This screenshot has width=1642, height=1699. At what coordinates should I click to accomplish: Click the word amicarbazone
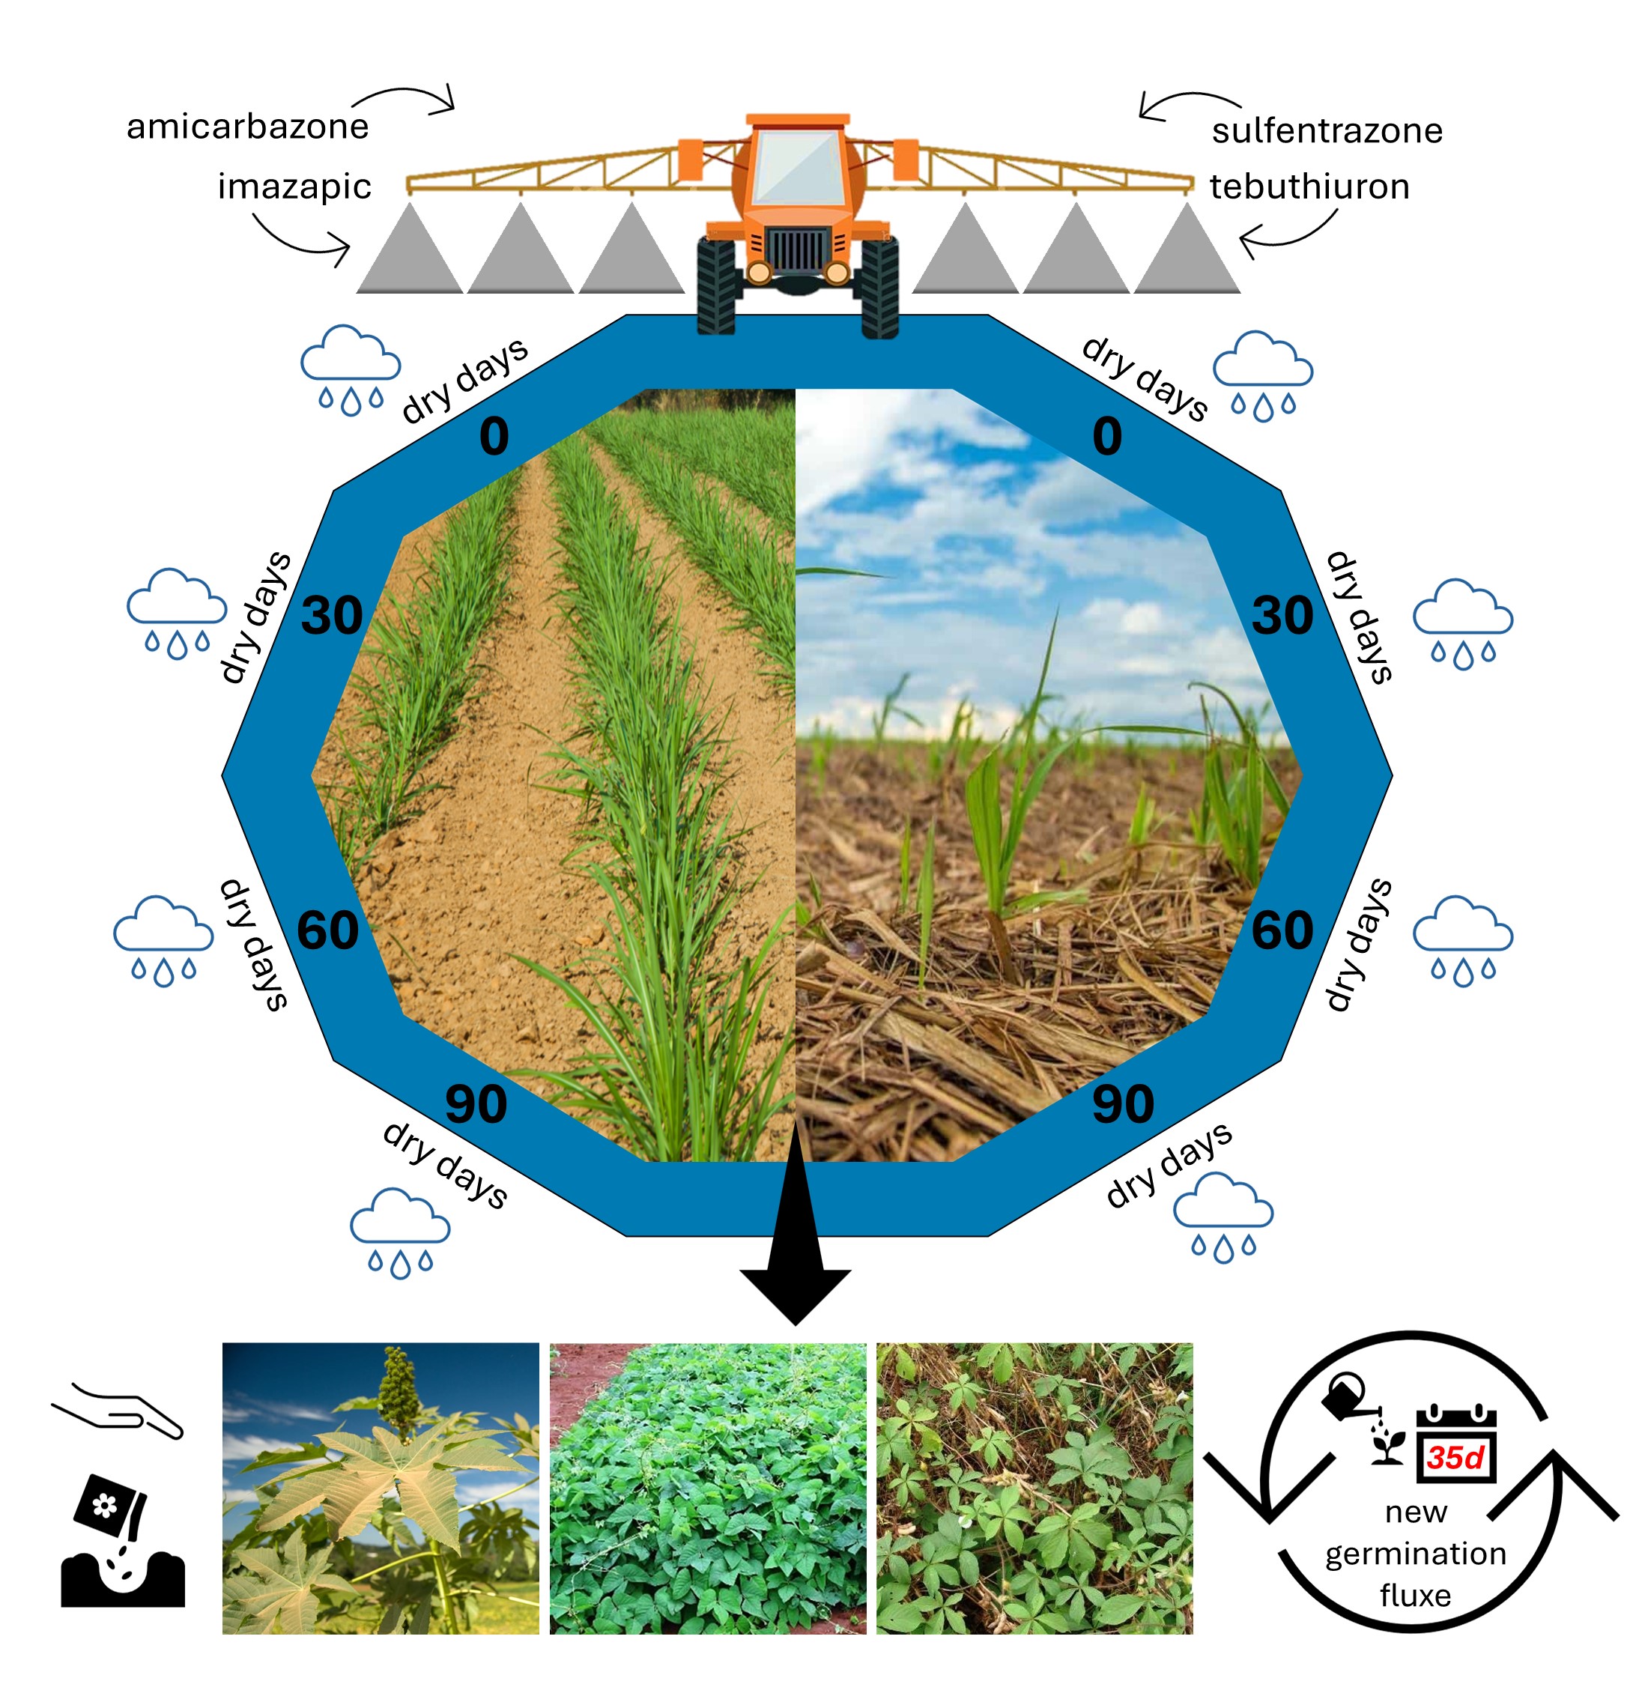[x=247, y=127]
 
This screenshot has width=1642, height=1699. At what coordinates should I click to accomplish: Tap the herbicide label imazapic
[x=294, y=187]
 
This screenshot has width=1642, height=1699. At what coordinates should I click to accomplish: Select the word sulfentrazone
[x=1327, y=131]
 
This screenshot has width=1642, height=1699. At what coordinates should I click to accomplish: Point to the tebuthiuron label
[x=1309, y=187]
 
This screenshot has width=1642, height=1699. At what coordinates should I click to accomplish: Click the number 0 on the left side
[x=494, y=436]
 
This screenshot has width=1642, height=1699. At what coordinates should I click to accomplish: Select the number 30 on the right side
[x=1282, y=616]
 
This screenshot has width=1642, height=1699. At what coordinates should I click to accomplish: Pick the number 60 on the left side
[x=327, y=931]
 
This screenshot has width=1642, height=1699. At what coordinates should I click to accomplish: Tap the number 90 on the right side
[x=1123, y=1105]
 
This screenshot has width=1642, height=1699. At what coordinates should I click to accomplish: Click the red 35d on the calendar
[x=1455, y=1457]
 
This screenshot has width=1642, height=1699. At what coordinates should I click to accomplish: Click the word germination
[x=1416, y=1554]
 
